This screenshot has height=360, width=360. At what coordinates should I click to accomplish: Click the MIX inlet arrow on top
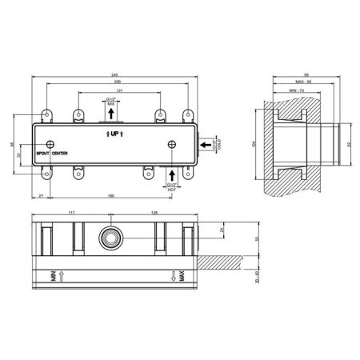point(110,114)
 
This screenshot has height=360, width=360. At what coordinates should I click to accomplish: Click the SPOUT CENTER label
point(50,152)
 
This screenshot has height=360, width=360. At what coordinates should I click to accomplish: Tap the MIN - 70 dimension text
point(296,91)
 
